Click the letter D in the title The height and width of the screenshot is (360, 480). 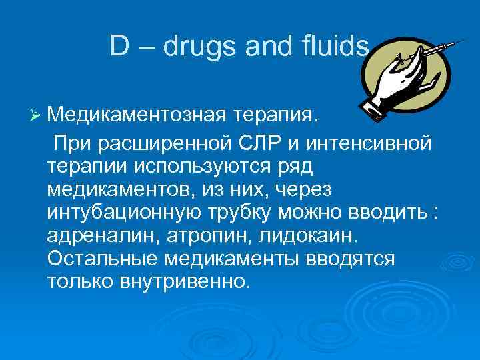pyautogui.click(x=120, y=46)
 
